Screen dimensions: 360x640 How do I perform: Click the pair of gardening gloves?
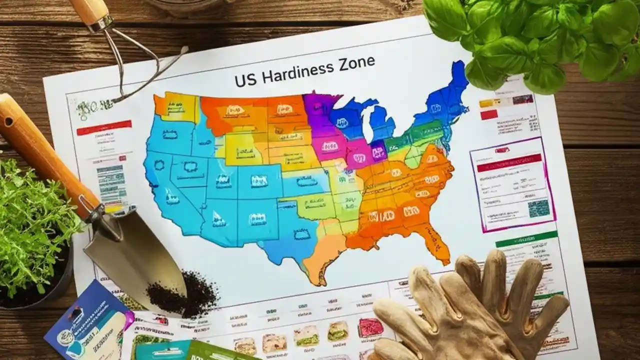coord(475,310)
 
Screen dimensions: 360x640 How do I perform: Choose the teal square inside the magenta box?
coord(538,208)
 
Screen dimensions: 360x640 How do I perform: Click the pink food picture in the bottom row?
coord(370,328)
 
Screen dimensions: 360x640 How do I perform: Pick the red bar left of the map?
coord(104,127)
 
